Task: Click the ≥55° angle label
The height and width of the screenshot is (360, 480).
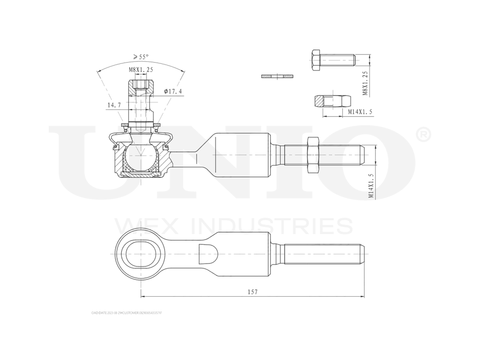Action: (x=141, y=57)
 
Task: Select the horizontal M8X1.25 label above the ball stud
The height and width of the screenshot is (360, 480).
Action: (x=141, y=70)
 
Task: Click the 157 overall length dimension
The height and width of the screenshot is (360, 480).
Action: (x=252, y=292)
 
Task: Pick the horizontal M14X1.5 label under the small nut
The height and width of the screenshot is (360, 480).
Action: (x=360, y=112)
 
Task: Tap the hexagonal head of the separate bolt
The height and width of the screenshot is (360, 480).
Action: (x=316, y=60)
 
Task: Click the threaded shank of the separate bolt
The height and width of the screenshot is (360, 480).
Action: (x=338, y=60)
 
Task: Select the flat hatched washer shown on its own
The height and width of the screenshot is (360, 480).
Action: (x=277, y=76)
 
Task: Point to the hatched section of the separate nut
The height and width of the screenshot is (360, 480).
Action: (x=320, y=101)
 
